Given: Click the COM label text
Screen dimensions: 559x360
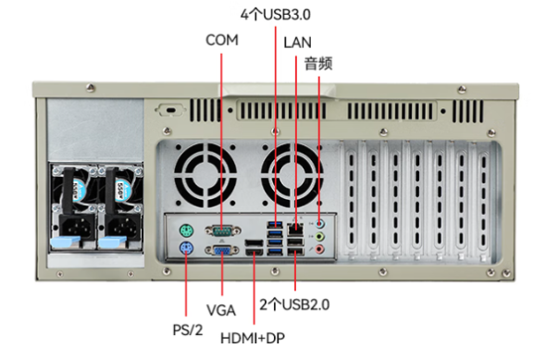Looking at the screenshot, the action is click(222, 40).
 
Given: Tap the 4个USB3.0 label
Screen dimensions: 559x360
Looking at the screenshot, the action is click(275, 15).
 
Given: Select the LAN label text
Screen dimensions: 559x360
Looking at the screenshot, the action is click(297, 43).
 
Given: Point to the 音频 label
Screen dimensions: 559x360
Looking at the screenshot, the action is click(318, 64).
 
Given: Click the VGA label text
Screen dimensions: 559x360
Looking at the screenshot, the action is click(221, 310).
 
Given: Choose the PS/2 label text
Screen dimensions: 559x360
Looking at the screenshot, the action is click(188, 329).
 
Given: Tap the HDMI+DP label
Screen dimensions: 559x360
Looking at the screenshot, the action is click(253, 338).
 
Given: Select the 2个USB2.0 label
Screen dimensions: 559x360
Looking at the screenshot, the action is click(294, 304).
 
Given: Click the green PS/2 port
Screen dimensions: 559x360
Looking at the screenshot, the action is click(186, 230).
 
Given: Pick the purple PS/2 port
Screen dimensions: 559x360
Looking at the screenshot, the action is click(186, 248).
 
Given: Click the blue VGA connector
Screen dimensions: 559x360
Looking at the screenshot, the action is click(222, 250).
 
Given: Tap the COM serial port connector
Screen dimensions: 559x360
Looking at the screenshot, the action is click(223, 231).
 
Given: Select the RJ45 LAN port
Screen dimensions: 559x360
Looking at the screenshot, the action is click(295, 229).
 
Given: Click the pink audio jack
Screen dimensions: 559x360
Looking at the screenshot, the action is click(320, 249).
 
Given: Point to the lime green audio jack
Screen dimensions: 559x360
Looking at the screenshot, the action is click(320, 236).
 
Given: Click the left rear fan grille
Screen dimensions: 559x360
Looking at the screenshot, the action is click(205, 175).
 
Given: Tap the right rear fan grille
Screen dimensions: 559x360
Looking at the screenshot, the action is click(292, 175).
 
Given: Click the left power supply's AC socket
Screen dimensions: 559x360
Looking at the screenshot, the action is click(76, 227).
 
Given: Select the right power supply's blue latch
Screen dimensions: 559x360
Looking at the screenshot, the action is click(113, 242).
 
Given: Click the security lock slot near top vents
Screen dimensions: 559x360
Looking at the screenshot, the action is click(171, 110).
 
